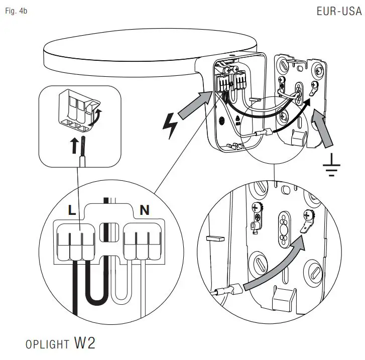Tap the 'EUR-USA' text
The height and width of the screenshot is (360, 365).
(339, 11)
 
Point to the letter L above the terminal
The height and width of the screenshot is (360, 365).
(72, 211)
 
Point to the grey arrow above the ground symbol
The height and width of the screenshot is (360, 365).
(325, 130)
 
